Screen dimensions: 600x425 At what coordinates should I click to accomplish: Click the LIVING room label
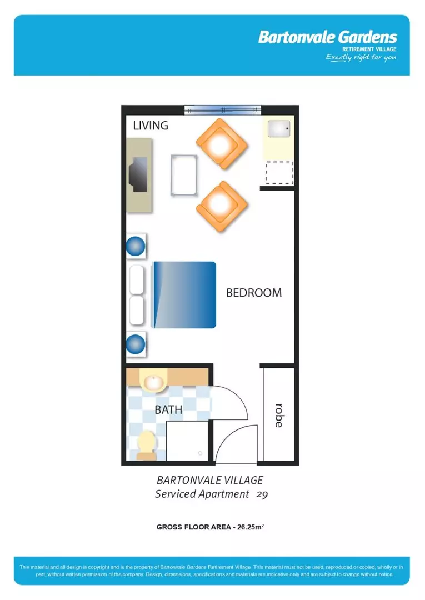(151, 126)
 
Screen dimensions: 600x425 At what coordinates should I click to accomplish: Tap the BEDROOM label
(253, 293)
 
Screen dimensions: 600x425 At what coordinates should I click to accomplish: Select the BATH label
(168, 410)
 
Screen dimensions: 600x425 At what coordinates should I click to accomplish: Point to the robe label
(279, 415)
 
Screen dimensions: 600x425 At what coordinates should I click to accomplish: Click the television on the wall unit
(138, 174)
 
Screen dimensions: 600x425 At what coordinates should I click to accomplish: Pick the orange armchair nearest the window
(221, 144)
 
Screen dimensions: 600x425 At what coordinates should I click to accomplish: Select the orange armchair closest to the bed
(221, 206)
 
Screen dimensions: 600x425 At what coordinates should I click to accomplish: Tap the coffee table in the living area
(184, 174)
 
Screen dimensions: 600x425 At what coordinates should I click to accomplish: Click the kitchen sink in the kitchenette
(279, 129)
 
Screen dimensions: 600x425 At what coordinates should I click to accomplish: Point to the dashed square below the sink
(279, 172)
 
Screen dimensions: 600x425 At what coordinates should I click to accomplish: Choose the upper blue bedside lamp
(136, 246)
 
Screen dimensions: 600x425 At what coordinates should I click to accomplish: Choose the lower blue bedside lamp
(136, 344)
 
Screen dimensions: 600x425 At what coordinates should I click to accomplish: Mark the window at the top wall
(222, 110)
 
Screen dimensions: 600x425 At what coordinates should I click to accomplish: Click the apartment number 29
(262, 494)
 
